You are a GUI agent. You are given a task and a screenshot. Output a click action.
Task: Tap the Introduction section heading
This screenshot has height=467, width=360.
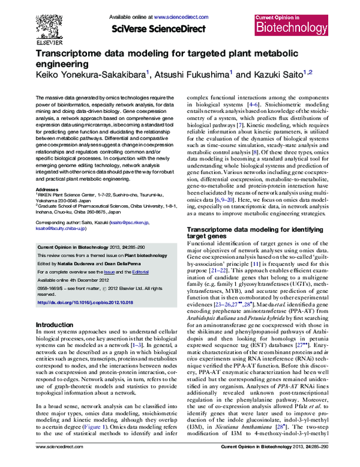click(55, 325)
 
